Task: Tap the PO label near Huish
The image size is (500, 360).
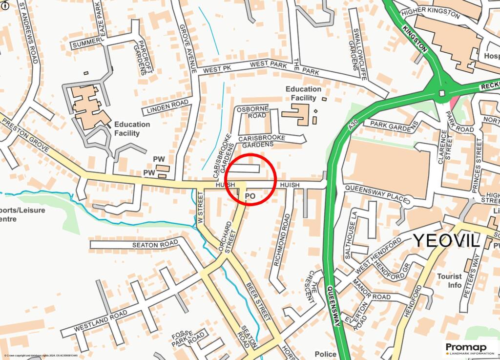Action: point(250,196)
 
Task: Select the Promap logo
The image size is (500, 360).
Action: point(469,349)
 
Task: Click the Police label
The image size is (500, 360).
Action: point(325,354)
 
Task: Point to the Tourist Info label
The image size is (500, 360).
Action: point(449,280)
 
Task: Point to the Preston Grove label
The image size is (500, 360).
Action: point(26,134)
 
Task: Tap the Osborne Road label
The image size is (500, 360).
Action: point(252,112)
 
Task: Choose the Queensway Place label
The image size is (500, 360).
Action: point(376,193)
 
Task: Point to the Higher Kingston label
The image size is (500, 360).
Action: point(429,12)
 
